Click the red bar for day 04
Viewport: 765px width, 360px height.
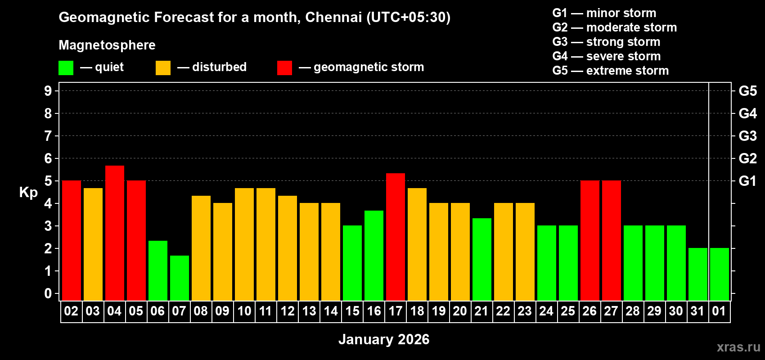(115, 233)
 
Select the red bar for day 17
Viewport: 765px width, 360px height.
(396, 237)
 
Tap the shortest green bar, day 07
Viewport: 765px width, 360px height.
(180, 278)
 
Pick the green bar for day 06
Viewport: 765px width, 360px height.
(158, 270)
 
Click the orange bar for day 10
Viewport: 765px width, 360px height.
(244, 244)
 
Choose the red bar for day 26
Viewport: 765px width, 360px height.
(590, 240)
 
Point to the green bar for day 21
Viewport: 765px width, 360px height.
(482, 259)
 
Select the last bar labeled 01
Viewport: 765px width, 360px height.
(720, 274)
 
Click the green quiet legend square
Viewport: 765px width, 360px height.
(66, 68)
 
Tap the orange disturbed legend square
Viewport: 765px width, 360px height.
(163, 68)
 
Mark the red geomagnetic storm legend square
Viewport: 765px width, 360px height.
(284, 68)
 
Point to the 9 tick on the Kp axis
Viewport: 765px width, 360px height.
(48, 91)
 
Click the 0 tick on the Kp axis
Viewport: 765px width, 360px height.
(48, 294)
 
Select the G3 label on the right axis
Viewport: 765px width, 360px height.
(747, 136)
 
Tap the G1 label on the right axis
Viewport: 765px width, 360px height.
(747, 181)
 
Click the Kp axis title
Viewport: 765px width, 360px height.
(28, 193)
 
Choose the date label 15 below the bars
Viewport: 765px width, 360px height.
(352, 311)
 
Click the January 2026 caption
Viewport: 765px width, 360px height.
(384, 339)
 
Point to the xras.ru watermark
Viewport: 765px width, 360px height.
(738, 347)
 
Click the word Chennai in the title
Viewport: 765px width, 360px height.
(333, 17)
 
